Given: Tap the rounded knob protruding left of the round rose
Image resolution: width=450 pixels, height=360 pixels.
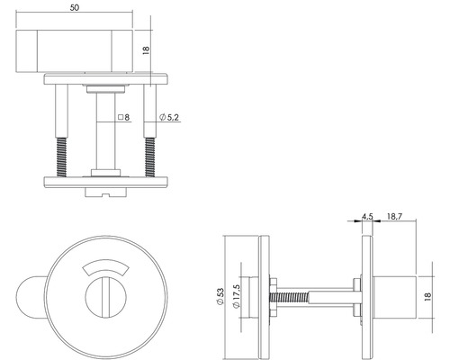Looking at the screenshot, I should [32, 296].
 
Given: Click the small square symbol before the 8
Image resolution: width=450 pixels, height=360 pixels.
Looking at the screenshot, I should [120, 118].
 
